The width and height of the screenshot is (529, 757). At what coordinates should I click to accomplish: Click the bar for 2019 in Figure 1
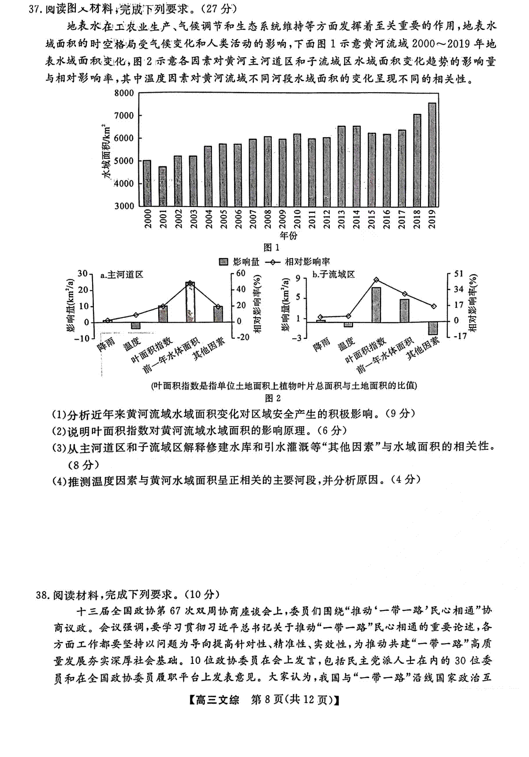coord(432,154)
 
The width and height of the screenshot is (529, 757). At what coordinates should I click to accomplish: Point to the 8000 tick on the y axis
coord(124,93)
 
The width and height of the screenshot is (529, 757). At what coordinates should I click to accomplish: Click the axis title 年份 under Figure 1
coord(288,235)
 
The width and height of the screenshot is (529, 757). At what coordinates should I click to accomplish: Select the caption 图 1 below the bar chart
coord(271,247)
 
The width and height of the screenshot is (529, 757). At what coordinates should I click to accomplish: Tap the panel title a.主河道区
coord(122,275)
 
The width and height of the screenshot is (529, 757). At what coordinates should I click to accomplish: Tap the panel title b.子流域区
coord(334,275)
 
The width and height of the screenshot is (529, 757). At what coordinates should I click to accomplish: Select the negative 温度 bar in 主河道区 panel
coord(136,326)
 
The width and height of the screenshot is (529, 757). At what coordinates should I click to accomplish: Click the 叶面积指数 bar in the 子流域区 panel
coord(376,305)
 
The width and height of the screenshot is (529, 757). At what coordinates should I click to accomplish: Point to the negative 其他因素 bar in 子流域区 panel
coord(432,328)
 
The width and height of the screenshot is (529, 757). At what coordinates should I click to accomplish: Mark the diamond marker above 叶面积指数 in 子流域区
coord(376,280)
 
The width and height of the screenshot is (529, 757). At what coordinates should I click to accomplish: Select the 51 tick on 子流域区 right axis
coord(459,274)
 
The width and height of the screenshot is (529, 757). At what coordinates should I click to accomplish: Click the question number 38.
coord(43,595)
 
